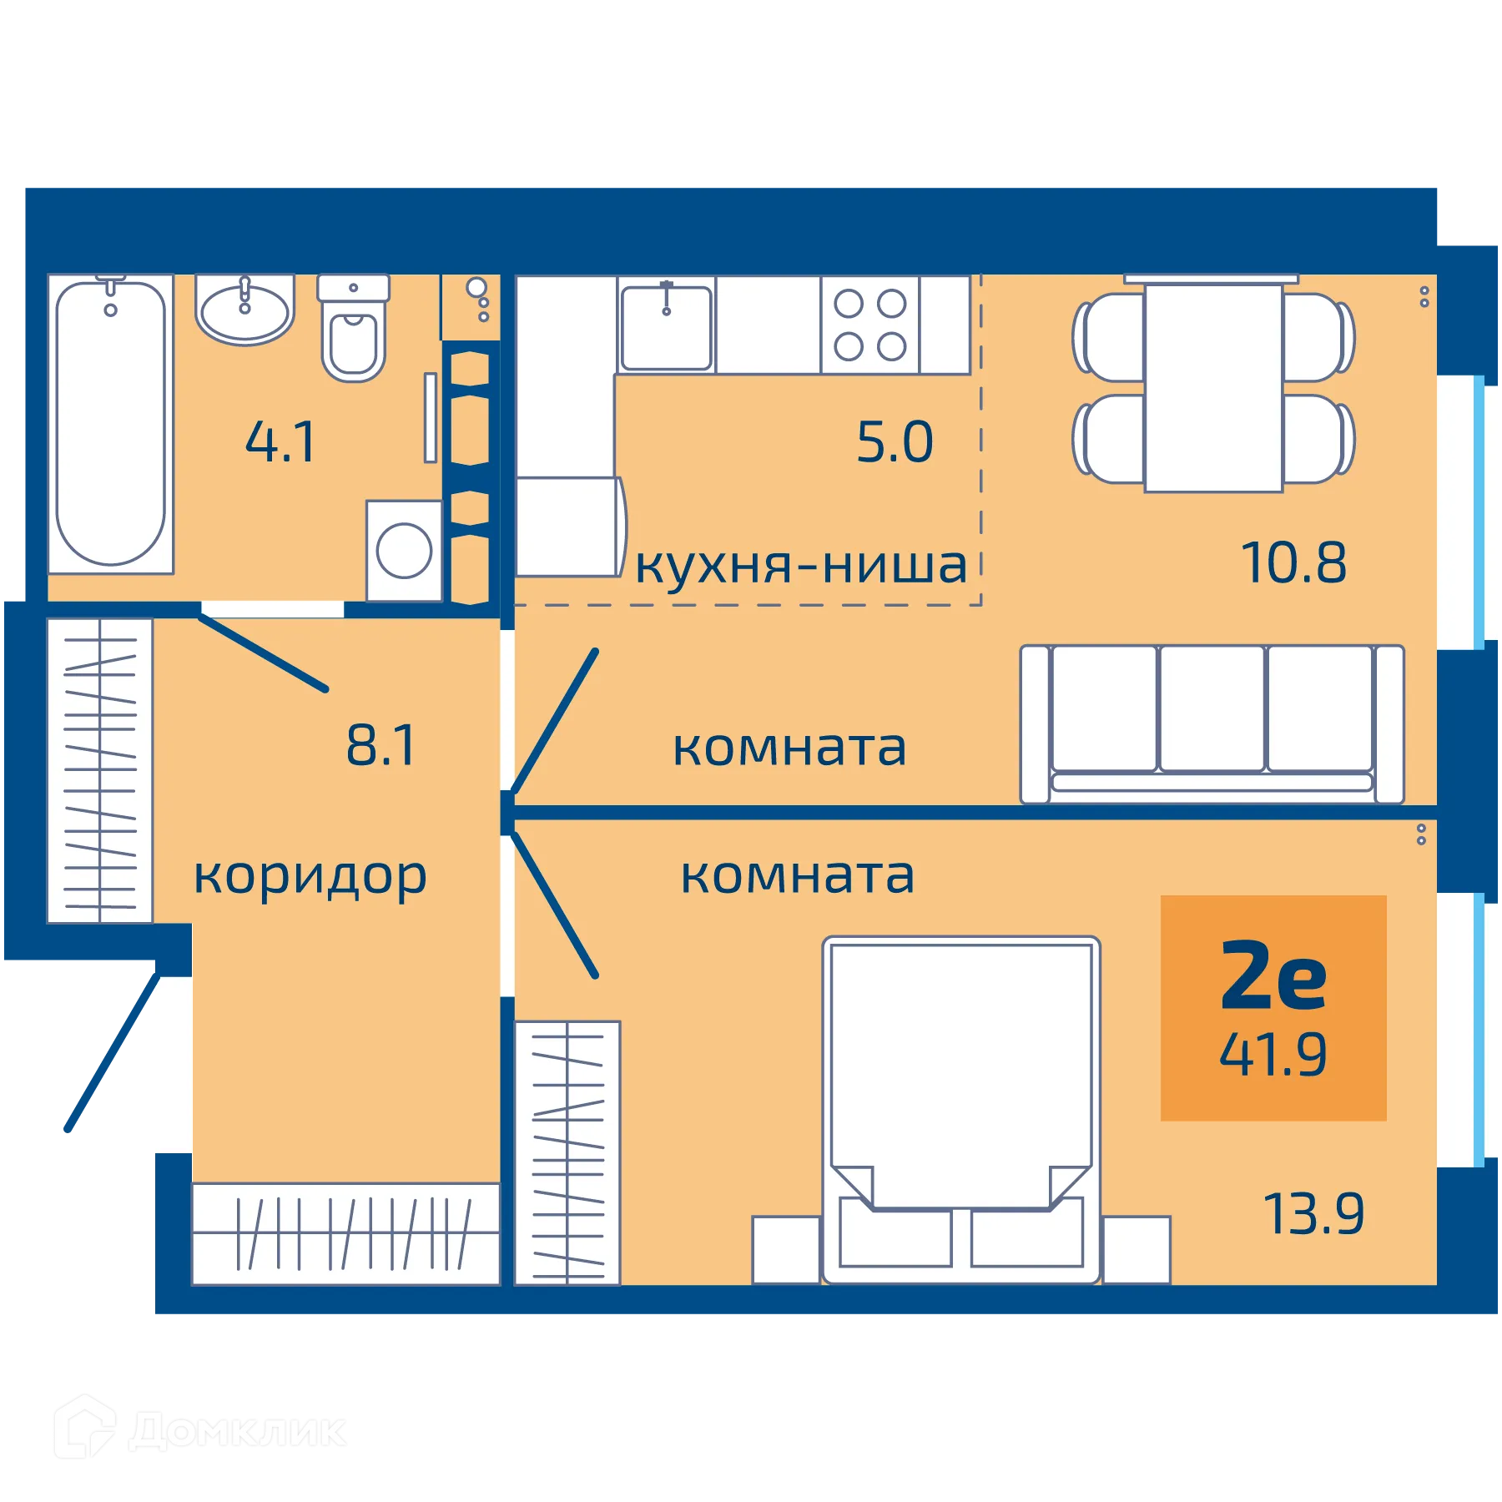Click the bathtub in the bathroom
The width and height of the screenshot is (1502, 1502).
[x=110, y=424]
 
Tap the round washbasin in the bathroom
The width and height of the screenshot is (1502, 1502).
[x=244, y=311]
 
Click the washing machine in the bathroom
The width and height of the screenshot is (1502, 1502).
[x=404, y=550]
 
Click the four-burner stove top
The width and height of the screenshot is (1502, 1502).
[x=869, y=325]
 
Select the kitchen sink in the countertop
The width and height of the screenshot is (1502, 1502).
[x=666, y=327]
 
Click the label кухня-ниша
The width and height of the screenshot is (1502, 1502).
[x=801, y=566]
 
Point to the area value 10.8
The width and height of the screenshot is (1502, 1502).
[x=1293, y=562]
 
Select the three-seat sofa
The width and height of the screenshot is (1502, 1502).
[x=1212, y=723]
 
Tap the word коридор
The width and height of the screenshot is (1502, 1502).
[x=310, y=876]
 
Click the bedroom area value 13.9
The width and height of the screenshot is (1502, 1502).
[x=1314, y=1213]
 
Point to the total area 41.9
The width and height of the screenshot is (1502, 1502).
[x=1273, y=1055]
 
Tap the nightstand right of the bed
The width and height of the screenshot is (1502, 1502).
[x=1136, y=1249]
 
